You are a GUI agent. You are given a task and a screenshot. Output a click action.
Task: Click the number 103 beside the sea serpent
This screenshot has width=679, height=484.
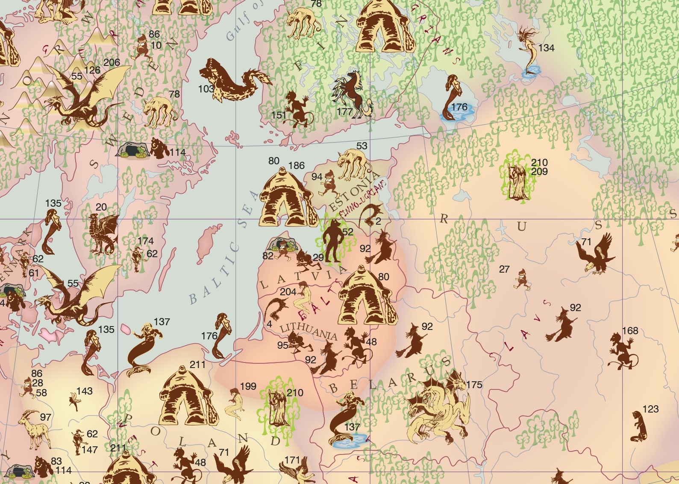(206, 89)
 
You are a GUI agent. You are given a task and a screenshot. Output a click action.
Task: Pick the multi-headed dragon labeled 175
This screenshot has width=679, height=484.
(438, 407)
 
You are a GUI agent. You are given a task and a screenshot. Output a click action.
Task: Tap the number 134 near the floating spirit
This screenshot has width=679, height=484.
(546, 48)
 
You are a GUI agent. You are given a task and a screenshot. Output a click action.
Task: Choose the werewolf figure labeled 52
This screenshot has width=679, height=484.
(332, 242)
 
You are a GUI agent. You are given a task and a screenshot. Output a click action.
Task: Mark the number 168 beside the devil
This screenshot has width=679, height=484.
(630, 331)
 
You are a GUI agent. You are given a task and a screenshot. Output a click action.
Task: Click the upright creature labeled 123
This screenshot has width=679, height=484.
(638, 426)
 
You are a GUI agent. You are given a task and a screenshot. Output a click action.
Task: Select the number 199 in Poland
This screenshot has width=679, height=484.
(248, 386)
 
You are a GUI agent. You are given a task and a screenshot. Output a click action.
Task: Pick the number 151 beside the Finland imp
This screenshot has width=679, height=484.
(279, 115)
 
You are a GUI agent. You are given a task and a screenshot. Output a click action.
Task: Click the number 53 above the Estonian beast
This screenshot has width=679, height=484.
(362, 146)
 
